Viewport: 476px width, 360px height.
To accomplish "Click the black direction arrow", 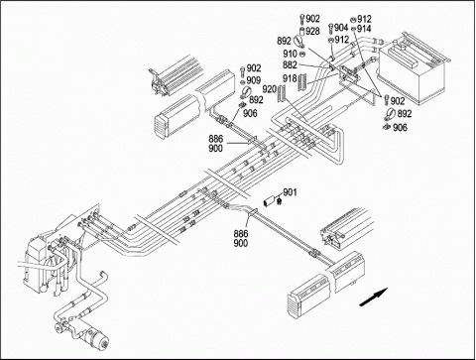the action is tap(374, 297).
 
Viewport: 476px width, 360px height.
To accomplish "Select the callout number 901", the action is tap(290, 192).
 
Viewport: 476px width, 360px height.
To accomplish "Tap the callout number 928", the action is tap(312, 32).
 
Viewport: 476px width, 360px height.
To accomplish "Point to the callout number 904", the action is tap(341, 28).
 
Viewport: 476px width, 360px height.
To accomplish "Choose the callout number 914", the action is tap(364, 29).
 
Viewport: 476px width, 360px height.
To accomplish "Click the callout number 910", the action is tap(291, 54).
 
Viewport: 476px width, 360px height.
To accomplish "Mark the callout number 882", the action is tap(290, 65).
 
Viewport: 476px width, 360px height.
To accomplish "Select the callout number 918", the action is tap(290, 78).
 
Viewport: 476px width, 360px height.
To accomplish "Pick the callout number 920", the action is tap(269, 89).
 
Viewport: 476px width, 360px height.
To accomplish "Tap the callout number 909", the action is tap(254, 80).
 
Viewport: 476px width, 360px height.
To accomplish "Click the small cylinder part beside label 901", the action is tap(270, 201).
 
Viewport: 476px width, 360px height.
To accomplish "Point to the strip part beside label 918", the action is tap(302, 82).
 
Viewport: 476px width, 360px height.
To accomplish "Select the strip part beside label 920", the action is tap(282, 93).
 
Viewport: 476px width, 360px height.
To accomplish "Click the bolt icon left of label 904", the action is tap(331, 28).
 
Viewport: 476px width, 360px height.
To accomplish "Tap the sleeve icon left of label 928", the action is tap(301, 32).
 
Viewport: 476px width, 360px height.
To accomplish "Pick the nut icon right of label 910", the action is tap(302, 54).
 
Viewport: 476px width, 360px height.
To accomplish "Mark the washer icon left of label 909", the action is tap(243, 81).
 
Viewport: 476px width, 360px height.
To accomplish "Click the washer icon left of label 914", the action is tap(353, 29).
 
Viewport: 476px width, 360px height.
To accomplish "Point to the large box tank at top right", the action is tap(415, 71).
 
